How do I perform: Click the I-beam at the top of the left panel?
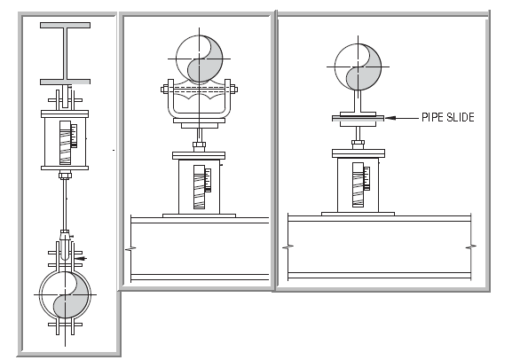[x=65, y=53]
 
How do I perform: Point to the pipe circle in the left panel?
[x=65, y=294]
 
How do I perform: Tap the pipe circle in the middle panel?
[x=200, y=59]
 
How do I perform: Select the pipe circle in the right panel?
[x=358, y=67]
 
